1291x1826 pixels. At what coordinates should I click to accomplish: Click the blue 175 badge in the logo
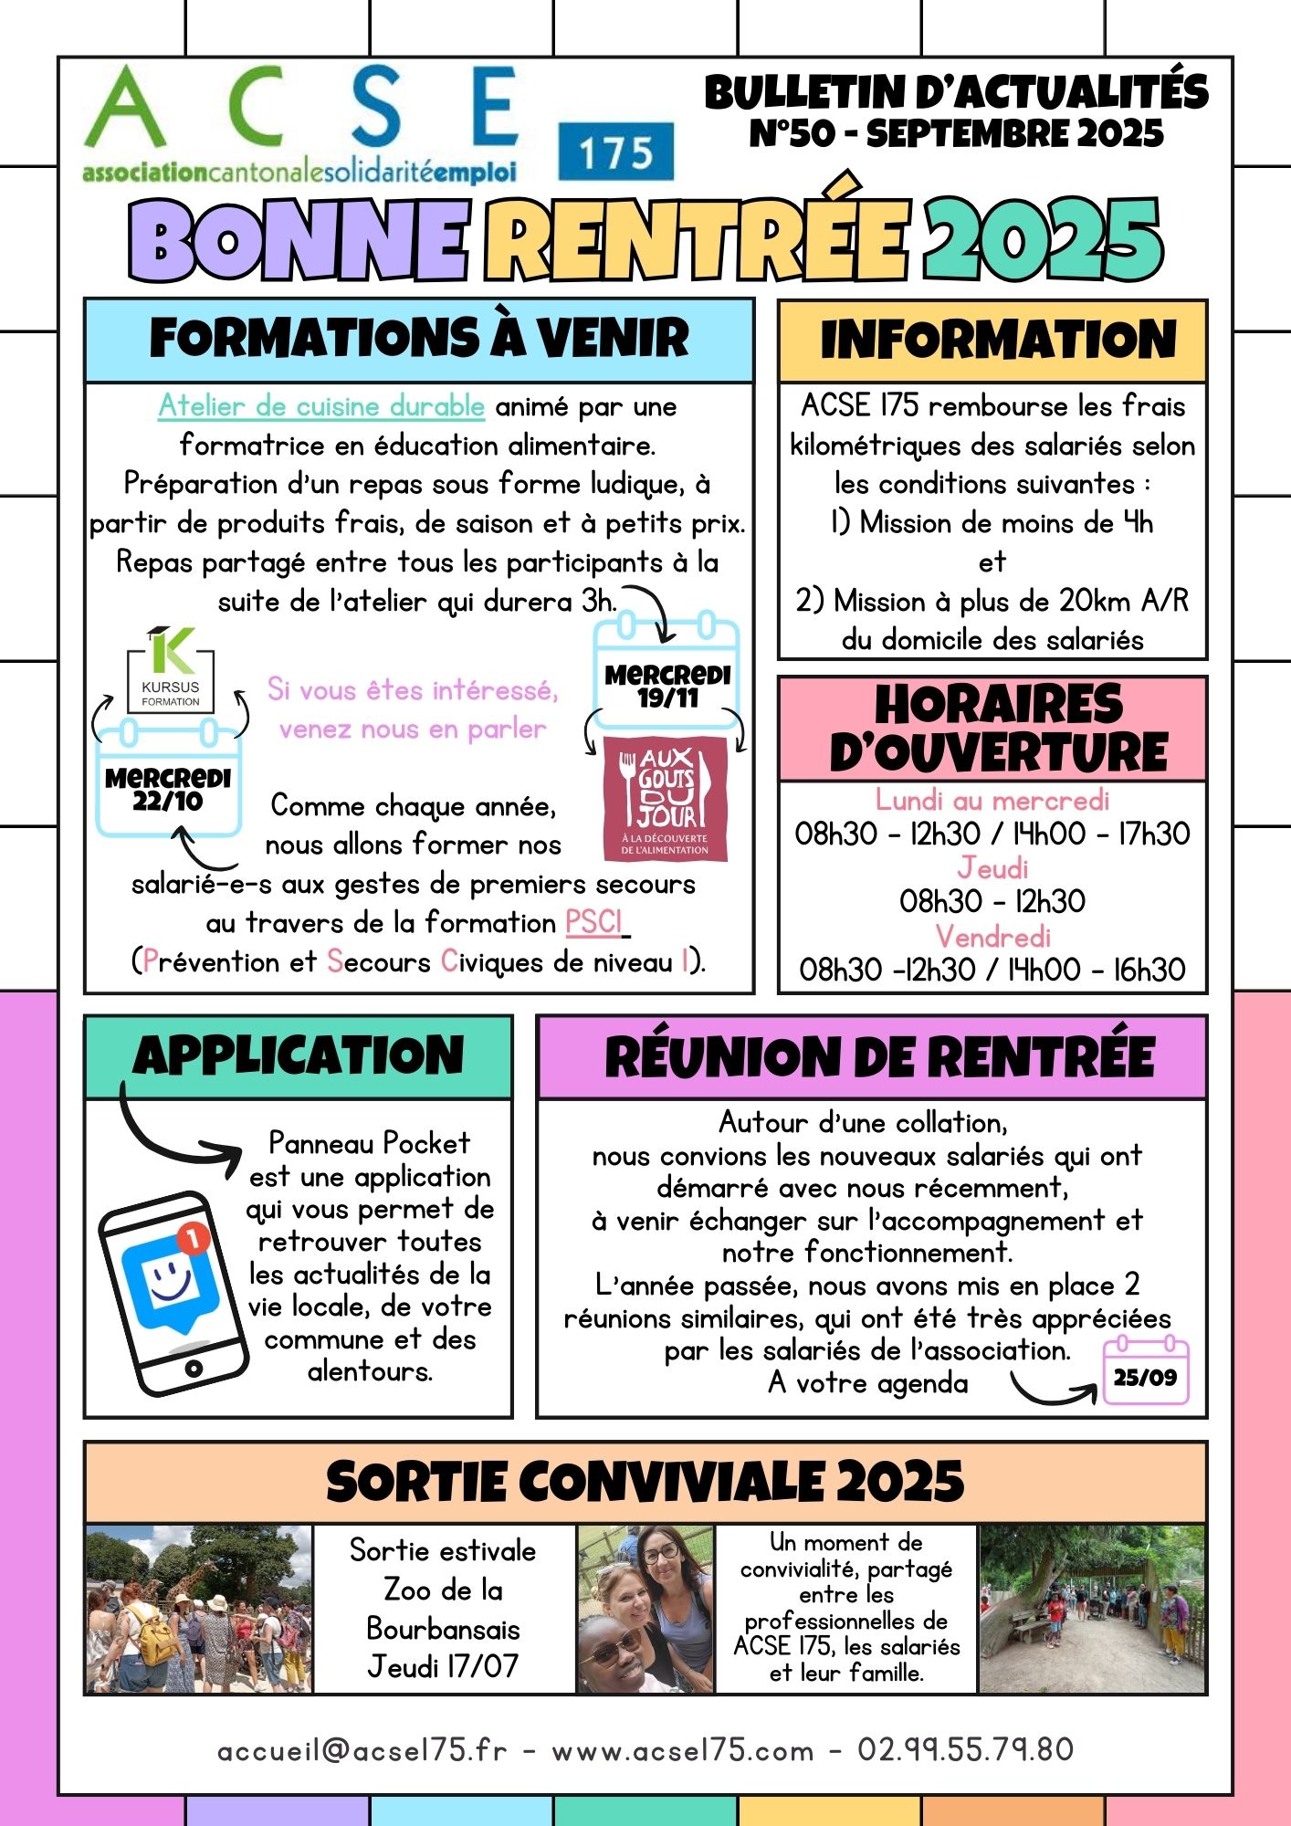click(x=615, y=152)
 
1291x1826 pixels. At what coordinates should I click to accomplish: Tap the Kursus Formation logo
click(x=171, y=671)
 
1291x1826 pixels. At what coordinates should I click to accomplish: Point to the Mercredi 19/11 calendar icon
click(x=667, y=676)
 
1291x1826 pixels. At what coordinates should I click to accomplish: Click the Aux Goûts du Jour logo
click(x=666, y=799)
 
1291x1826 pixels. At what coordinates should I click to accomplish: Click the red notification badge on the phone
click(x=192, y=1239)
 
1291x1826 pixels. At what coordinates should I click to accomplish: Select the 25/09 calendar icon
click(x=1145, y=1371)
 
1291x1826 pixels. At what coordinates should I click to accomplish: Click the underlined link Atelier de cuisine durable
click(x=321, y=406)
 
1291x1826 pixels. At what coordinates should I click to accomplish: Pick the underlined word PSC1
click(x=594, y=923)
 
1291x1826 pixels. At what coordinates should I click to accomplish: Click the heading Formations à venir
click(x=419, y=339)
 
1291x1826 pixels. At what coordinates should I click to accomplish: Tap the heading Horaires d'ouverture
click(x=992, y=729)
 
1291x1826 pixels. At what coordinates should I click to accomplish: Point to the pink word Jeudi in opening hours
click(x=992, y=867)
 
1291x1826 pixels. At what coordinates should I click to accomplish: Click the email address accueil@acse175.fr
click(x=362, y=1749)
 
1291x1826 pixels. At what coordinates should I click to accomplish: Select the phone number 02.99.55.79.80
click(x=965, y=1749)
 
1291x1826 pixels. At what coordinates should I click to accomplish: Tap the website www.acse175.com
click(x=682, y=1749)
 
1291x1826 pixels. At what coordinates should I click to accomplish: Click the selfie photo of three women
click(x=645, y=1610)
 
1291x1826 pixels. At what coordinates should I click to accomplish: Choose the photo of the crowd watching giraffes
click(x=198, y=1610)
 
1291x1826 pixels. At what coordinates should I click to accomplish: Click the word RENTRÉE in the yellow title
click(x=698, y=239)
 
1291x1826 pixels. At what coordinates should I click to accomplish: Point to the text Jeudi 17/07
click(x=443, y=1667)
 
